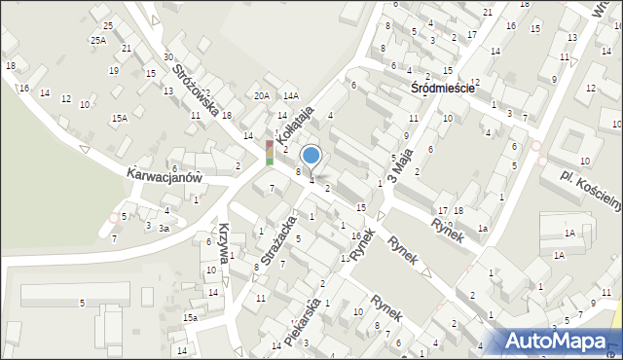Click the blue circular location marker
311,155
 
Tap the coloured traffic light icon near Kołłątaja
270,152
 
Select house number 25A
98,41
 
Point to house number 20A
261,96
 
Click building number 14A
290,96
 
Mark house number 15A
119,119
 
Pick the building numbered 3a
165,228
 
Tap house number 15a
193,318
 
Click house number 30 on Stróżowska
168,58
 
